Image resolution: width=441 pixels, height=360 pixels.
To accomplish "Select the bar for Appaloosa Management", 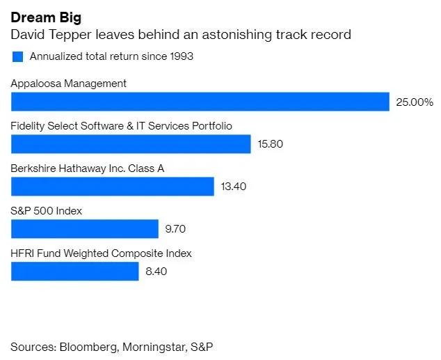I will [200, 102].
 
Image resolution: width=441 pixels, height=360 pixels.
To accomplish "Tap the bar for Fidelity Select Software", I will [131, 144].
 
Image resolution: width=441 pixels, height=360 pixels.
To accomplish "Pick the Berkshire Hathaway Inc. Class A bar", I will [112, 186].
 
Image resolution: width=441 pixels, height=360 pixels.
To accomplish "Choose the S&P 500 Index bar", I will [85, 228].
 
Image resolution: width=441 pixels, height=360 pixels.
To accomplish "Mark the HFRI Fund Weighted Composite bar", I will [75, 271].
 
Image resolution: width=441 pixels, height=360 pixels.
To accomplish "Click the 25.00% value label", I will [414, 102].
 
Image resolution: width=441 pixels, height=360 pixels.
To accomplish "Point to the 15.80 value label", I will [271, 145].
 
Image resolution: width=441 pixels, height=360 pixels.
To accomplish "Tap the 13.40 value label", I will [233, 187].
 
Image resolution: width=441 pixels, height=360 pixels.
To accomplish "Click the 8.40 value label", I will [156, 272].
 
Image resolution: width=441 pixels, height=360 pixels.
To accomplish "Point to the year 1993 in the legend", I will [180, 57].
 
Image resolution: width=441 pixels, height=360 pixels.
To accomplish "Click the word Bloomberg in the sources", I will [88, 346].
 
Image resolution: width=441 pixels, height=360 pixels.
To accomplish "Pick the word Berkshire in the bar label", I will [33, 169].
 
